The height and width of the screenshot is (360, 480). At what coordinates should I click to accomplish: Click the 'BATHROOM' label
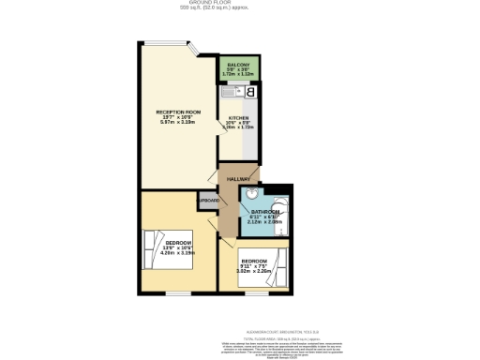pos(265,213)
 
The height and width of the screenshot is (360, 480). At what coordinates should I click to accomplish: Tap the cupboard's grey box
pos(207,201)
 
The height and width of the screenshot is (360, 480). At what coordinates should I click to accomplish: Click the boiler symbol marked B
pos(250,92)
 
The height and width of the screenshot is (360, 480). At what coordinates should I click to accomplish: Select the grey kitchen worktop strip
pos(248,131)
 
